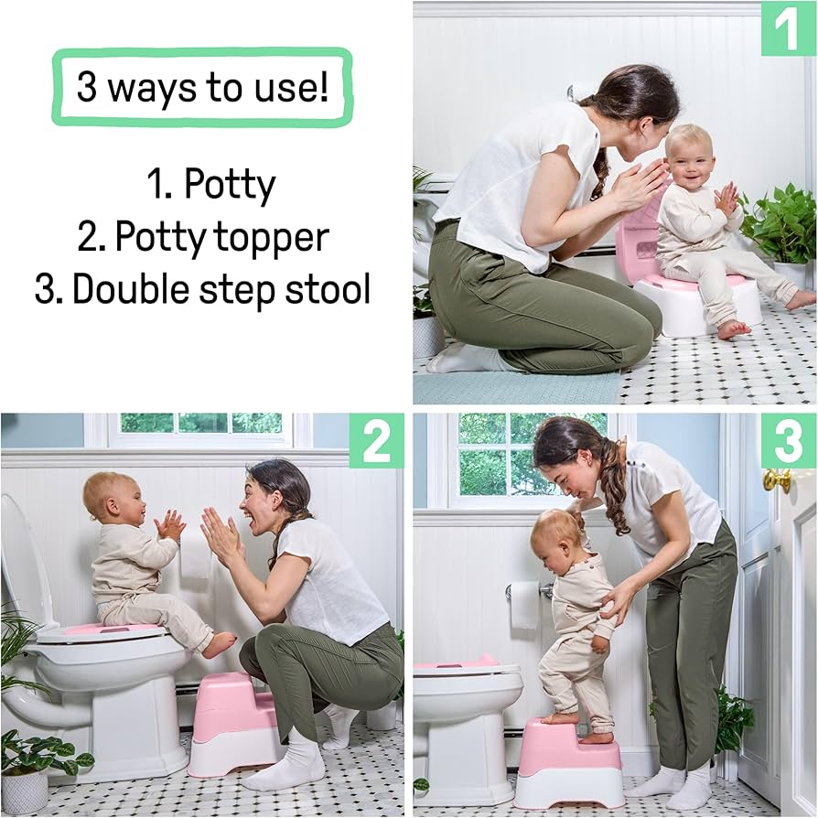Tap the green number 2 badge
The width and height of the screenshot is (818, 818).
point(376,441)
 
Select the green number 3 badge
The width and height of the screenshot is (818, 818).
point(788,441)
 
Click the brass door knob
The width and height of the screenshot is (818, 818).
point(776,480)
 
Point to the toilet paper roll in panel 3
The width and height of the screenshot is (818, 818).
point(523,604)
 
